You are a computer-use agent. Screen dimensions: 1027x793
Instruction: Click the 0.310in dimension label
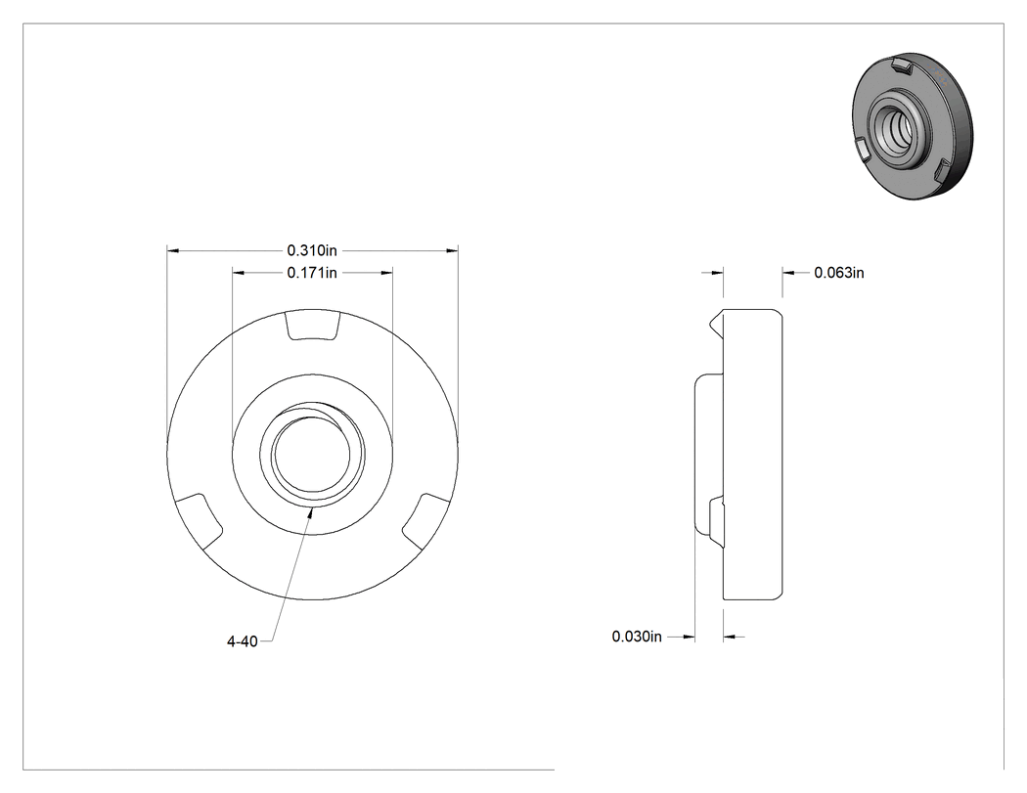point(312,250)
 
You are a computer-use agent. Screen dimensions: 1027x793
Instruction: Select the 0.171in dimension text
point(312,273)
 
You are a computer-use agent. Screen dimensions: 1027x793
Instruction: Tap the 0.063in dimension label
point(839,273)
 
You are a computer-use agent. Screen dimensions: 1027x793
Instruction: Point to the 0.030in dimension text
point(637,637)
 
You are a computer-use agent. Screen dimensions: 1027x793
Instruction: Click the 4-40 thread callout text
point(243,641)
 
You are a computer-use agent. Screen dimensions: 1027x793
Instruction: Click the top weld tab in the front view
point(313,326)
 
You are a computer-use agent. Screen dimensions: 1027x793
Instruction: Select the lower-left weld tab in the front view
point(201,521)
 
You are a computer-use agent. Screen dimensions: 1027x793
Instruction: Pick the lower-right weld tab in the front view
point(425,521)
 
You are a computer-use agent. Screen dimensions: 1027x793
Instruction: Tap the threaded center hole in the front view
point(312,455)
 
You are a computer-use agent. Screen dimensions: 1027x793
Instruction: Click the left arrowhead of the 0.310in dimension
point(173,250)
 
